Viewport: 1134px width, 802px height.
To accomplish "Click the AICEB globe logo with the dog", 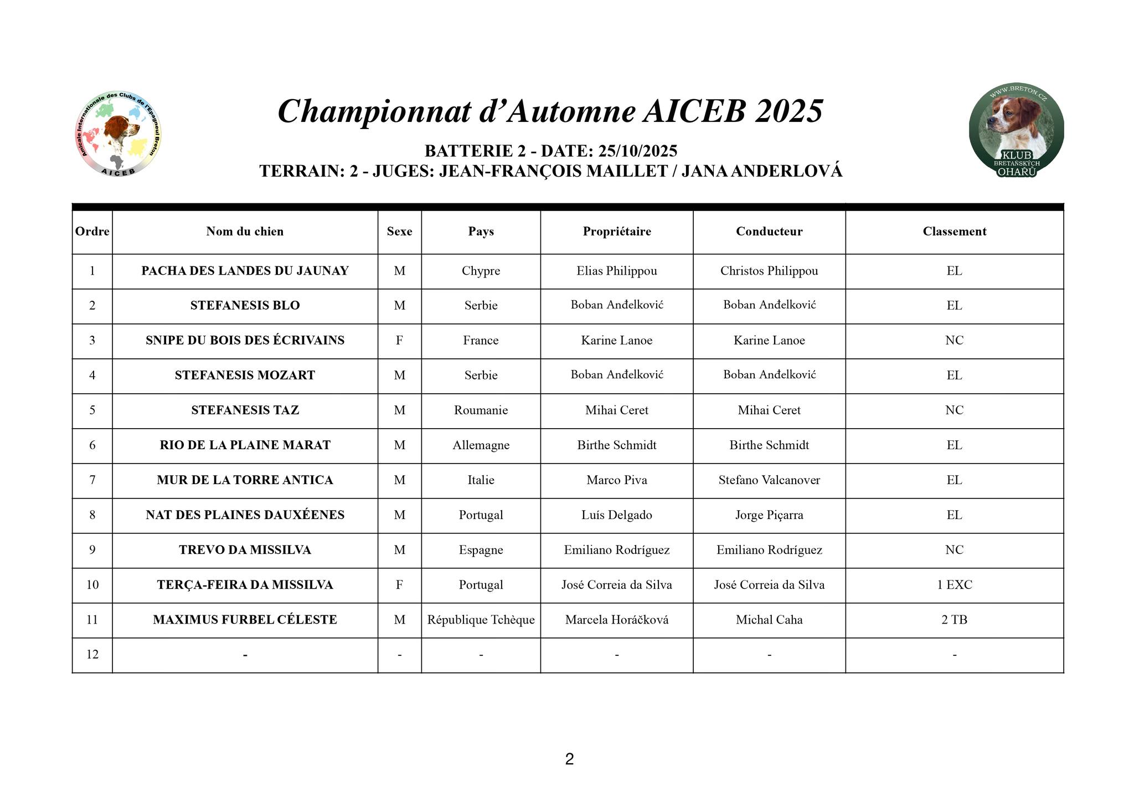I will [x=117, y=133].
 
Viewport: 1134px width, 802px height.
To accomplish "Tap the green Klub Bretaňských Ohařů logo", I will [x=1016, y=131].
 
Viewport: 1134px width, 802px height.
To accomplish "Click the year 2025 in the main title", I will [x=788, y=111].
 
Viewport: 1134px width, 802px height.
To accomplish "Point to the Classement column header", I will [x=954, y=232].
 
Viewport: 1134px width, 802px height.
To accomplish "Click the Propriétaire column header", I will [x=616, y=232].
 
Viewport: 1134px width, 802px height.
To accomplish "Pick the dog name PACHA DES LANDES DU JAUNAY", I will [x=245, y=271].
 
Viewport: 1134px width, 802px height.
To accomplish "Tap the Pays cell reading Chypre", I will [x=481, y=271].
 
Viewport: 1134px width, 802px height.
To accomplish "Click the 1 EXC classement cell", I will [x=954, y=585].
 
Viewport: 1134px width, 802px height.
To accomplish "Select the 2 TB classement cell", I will [x=954, y=620].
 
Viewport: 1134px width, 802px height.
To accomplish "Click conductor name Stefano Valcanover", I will [x=769, y=480].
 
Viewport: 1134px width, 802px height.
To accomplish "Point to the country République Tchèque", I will [x=481, y=620].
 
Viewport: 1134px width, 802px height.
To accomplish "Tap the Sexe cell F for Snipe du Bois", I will [x=399, y=341].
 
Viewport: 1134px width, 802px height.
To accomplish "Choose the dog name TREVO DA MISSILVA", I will [x=245, y=550].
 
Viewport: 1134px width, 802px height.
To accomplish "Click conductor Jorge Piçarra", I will [x=769, y=515].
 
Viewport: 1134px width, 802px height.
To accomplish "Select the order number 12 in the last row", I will [x=92, y=655].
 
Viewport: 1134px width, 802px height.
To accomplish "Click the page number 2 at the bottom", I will [x=569, y=759].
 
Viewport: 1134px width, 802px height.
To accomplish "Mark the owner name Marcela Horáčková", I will [x=616, y=620].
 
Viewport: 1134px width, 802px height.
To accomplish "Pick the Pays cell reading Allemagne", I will [x=481, y=445].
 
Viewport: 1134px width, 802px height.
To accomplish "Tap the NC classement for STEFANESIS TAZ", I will [x=954, y=410].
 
